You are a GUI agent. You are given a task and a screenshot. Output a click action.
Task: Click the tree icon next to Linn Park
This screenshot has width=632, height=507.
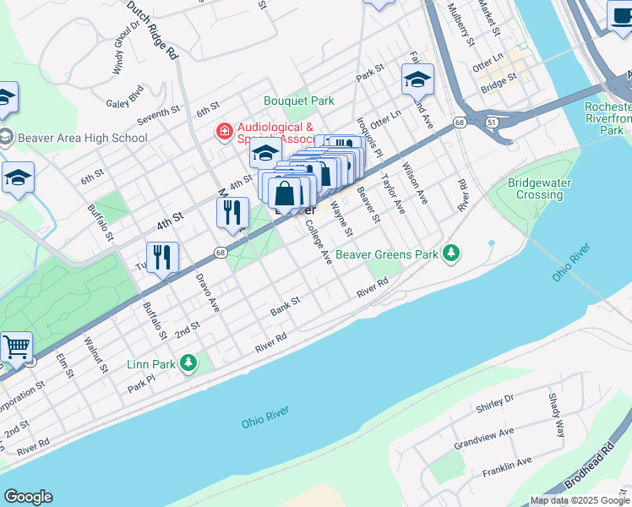[x=188, y=363]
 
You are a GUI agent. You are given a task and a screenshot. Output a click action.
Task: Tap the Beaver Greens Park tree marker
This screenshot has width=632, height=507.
[x=452, y=253]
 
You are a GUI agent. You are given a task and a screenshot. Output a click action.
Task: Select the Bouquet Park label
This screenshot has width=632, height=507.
[x=299, y=101]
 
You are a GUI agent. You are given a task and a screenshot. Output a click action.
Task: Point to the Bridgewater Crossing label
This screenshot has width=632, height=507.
[x=536, y=188]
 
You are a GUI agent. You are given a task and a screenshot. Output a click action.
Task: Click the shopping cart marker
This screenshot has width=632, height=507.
[x=15, y=346]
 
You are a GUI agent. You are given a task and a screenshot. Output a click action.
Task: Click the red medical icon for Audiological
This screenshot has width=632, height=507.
[x=224, y=131]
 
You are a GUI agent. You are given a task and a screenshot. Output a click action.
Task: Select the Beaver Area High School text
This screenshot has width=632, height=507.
[x=82, y=138]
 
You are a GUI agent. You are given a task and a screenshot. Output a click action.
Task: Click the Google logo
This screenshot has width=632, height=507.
[x=28, y=497]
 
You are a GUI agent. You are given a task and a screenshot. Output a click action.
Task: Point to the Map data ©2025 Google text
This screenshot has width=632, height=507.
[x=579, y=500]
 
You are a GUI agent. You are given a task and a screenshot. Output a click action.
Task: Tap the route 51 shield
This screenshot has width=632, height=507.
[x=490, y=123]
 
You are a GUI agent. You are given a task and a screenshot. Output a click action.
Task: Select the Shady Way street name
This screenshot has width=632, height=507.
[x=557, y=414]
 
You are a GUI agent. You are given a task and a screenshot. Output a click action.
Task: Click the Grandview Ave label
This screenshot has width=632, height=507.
[x=483, y=438]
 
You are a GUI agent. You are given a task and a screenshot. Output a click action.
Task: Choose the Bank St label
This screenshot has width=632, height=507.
[x=286, y=307]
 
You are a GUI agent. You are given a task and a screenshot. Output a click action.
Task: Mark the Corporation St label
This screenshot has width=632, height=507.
[x=22, y=395]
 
